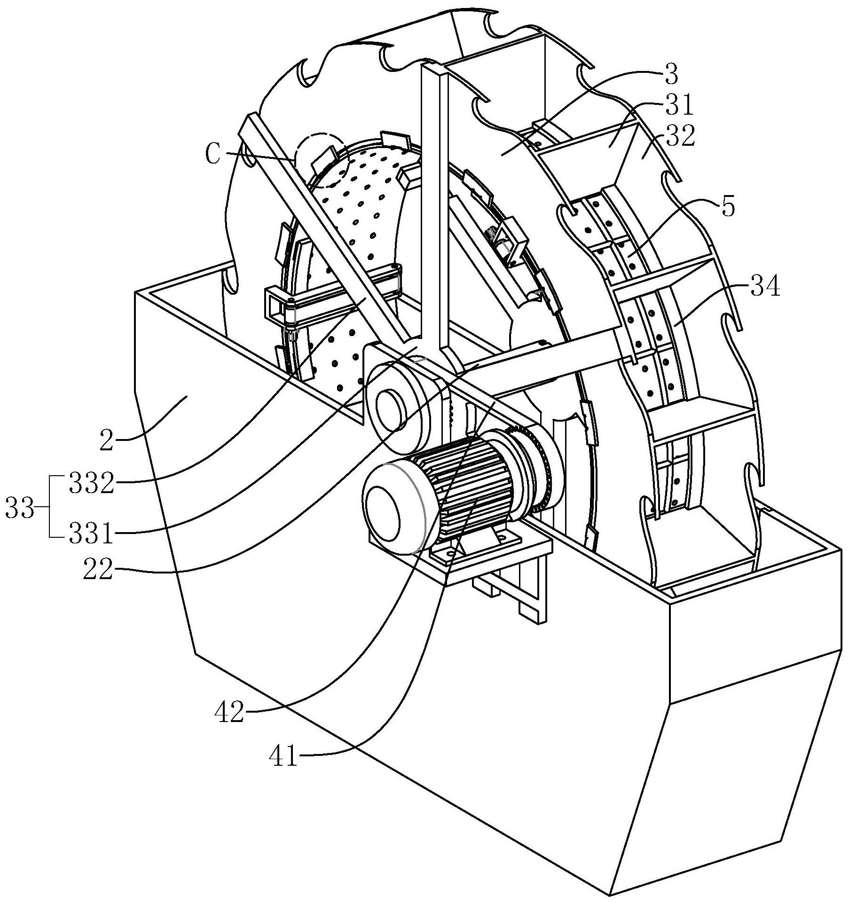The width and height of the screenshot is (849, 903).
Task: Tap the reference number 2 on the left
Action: (107, 441)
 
